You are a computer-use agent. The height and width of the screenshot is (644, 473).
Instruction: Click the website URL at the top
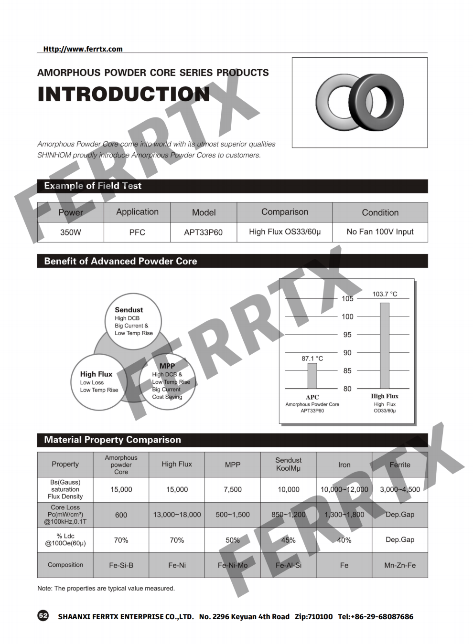pos(83,49)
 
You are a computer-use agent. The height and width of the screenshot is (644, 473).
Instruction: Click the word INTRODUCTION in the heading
pos(123,94)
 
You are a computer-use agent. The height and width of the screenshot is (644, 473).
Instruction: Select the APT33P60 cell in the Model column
pos(203,232)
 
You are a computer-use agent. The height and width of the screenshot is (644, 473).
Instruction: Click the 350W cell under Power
pos(70,232)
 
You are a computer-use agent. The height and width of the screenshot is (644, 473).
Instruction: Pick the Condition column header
pos(380,212)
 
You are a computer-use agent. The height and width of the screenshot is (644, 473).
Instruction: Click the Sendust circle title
pos(129,310)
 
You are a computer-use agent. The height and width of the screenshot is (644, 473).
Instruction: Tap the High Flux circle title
pos(96,374)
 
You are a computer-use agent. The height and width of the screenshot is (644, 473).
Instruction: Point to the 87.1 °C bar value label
pos(312,359)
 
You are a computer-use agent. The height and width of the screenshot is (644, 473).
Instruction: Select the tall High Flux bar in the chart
pos(385,346)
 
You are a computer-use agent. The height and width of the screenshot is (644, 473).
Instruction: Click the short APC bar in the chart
pos(312,376)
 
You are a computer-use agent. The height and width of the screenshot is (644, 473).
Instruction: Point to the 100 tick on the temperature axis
pos(347,317)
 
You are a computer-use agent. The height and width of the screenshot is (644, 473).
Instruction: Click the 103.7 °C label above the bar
pos(385,294)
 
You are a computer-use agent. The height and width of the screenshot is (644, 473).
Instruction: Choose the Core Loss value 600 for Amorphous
pos(121,515)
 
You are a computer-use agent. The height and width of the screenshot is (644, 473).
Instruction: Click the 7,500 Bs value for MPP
pos(233,489)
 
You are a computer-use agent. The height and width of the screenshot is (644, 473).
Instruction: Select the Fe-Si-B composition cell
pos(121,565)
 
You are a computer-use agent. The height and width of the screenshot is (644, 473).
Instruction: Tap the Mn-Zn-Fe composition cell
pos(400,565)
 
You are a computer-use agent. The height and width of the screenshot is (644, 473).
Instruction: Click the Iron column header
pos(344,465)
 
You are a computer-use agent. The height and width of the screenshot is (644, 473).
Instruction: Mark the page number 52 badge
pos(43,615)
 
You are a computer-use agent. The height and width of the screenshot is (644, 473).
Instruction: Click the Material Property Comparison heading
pos(112,440)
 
